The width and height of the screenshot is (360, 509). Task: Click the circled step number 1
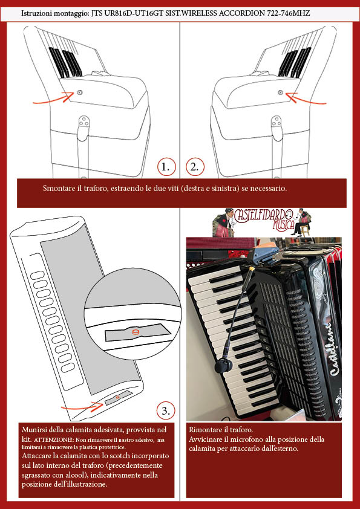[166, 167]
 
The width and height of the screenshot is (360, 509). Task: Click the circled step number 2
[195, 167]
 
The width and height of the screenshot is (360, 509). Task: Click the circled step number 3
[166, 411]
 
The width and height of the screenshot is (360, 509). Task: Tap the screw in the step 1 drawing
[80, 92]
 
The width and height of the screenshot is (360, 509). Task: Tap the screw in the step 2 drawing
[281, 93]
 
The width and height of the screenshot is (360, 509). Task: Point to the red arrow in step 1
[54, 99]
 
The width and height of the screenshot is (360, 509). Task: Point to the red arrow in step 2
[306, 99]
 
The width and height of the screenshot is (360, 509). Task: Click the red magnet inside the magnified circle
[135, 332]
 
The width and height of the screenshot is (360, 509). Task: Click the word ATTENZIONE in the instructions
[54, 441]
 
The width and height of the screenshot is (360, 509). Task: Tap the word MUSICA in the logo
[283, 225]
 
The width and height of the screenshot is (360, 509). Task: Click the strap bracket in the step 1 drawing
[84, 125]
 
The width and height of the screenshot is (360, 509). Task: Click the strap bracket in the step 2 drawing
[276, 125]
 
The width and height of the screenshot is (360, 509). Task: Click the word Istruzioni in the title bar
[34, 14]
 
